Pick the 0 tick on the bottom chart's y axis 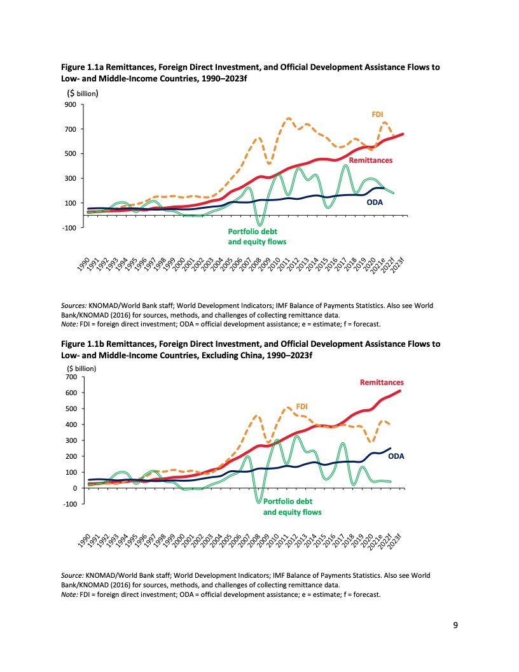click(75, 488)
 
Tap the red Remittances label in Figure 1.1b click(382, 382)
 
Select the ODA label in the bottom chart click(396, 456)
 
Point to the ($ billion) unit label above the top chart click(82, 93)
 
